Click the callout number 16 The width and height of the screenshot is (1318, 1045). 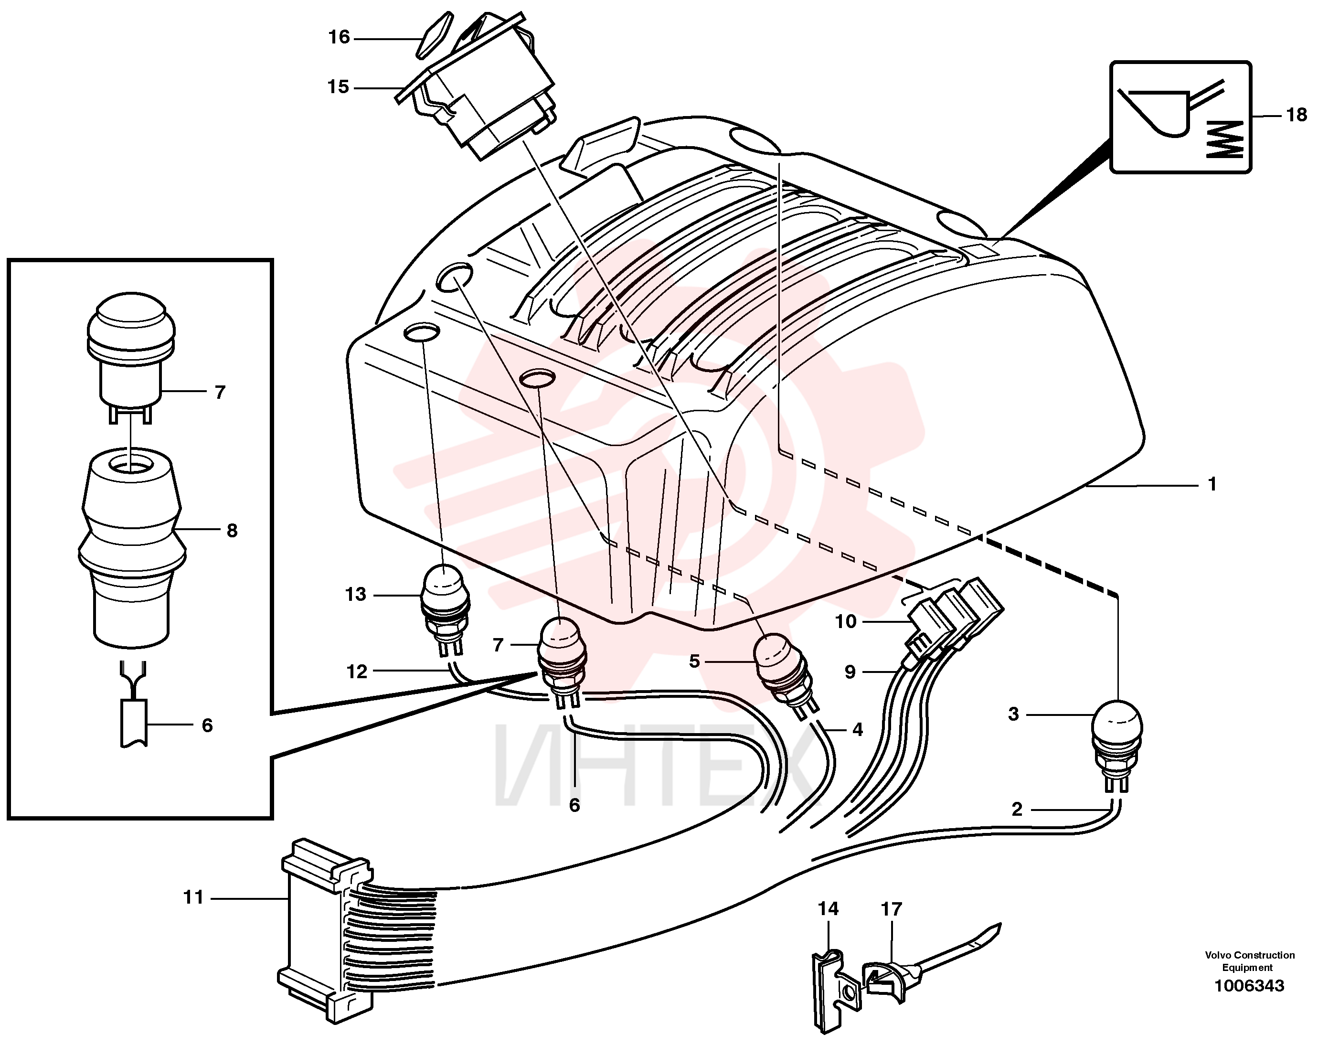(x=339, y=38)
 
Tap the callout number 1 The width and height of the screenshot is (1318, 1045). (x=1212, y=485)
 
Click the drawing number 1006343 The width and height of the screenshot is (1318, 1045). (x=1249, y=985)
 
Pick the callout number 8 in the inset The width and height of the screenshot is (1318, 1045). (x=232, y=531)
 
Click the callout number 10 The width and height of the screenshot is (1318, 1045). (x=846, y=622)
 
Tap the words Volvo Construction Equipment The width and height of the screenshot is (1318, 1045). (x=1250, y=960)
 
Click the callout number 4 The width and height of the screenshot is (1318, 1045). (x=857, y=729)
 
